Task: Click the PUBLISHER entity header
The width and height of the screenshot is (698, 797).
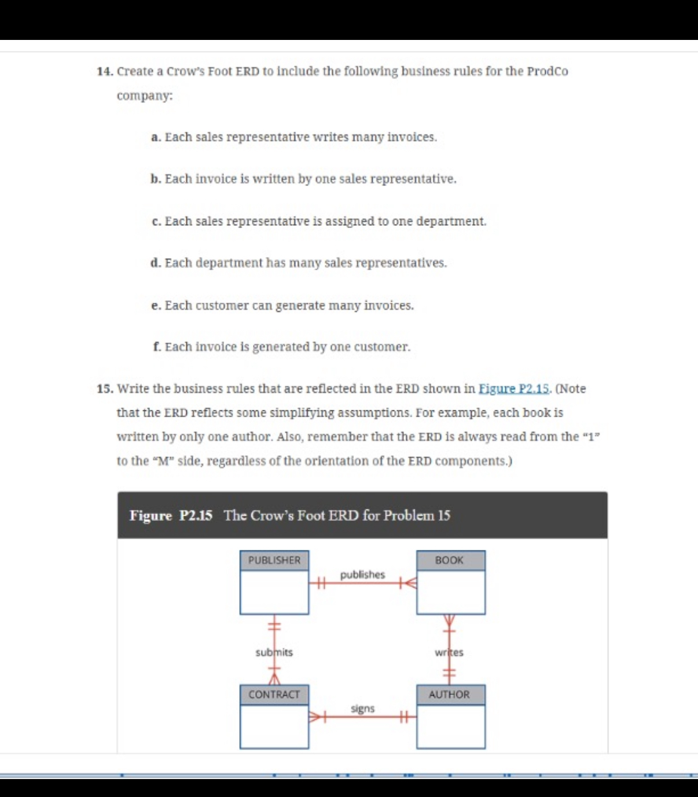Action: [274, 560]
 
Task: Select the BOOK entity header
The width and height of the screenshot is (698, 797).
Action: [450, 560]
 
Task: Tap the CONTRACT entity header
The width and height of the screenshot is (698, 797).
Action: [274, 695]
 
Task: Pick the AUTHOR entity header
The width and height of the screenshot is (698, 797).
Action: [450, 695]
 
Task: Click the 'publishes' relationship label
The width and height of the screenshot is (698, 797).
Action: [362, 575]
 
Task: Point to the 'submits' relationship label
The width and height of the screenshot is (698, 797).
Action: [274, 652]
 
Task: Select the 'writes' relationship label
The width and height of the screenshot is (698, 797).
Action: [449, 652]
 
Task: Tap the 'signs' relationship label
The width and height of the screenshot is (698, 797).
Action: [362, 708]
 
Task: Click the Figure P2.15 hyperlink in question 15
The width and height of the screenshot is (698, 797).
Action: [514, 388]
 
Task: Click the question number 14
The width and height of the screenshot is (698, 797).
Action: [105, 71]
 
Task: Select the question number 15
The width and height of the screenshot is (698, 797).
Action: [105, 388]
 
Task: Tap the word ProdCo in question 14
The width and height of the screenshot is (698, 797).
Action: [547, 71]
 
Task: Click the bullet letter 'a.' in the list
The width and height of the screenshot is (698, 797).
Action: [155, 137]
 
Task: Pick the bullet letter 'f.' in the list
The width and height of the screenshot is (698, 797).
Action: [156, 347]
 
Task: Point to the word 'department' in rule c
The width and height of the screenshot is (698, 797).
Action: [450, 221]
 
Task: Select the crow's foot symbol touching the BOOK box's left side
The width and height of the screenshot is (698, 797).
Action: [409, 583]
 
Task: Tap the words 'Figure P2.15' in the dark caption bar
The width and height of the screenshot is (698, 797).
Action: [171, 515]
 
